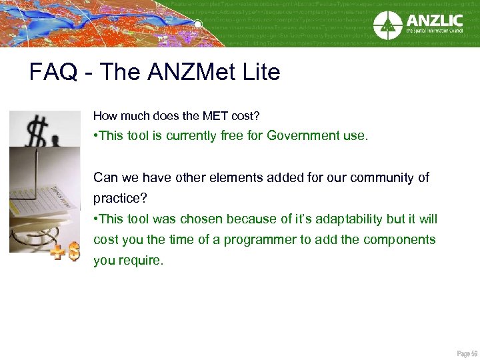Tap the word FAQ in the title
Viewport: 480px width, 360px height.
(51, 72)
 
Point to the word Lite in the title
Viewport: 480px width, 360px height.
(260, 72)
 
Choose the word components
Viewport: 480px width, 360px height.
(398, 239)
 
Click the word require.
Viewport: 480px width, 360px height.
(139, 260)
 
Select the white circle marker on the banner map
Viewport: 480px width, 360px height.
(198, 25)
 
